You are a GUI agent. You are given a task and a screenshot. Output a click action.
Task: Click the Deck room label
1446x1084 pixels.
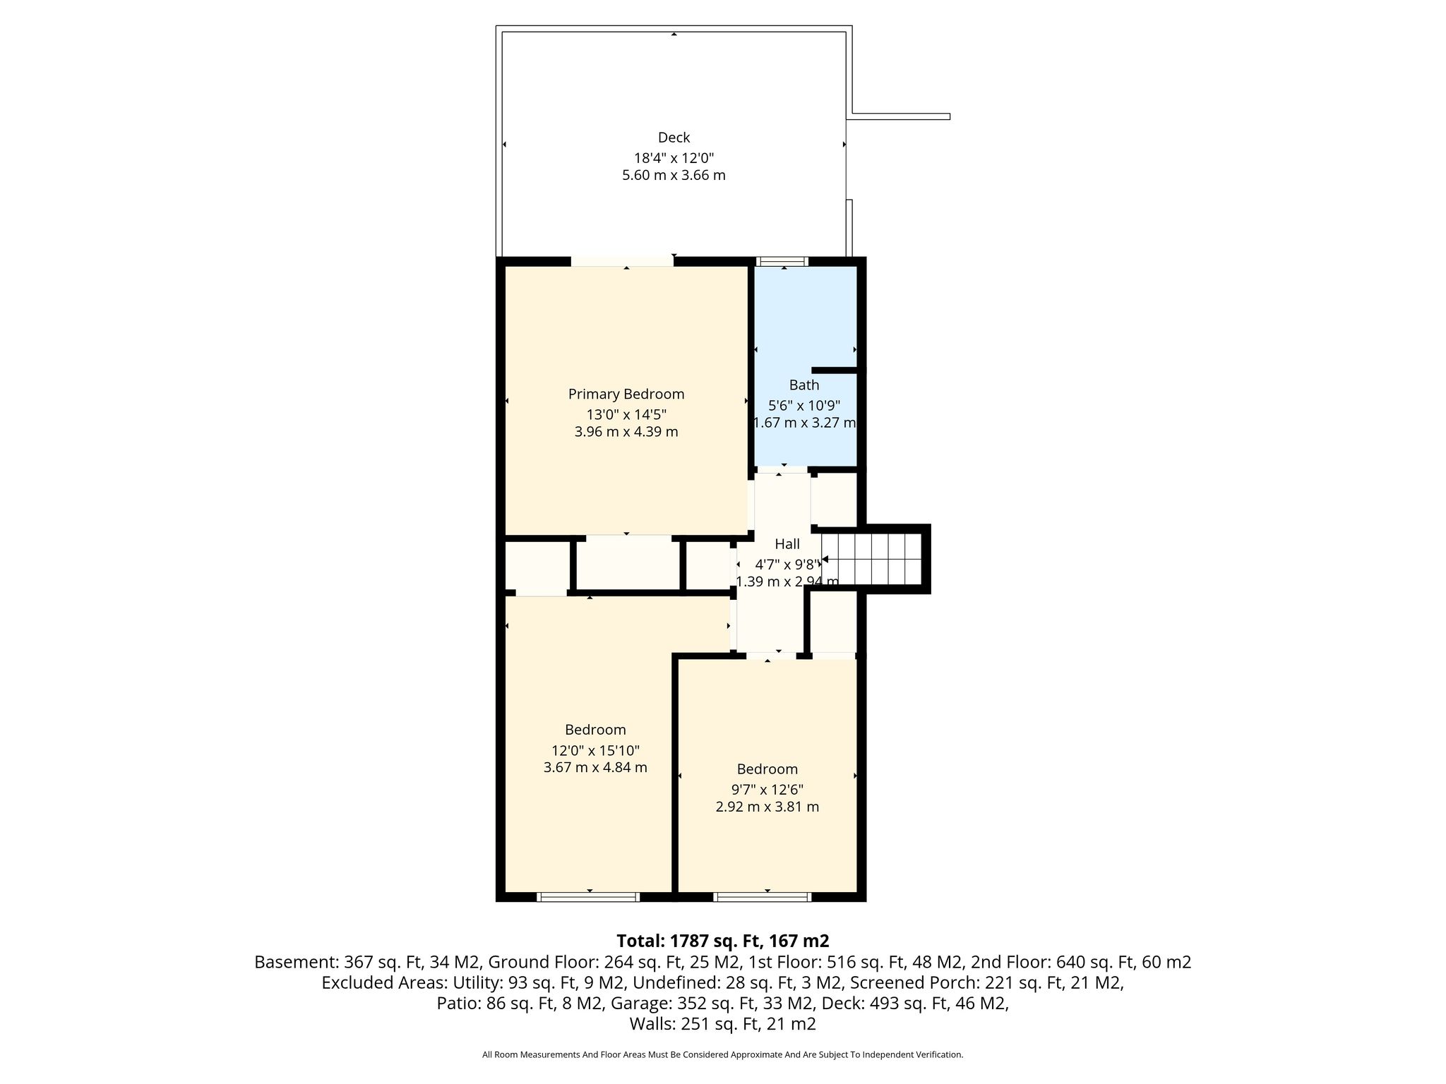674,138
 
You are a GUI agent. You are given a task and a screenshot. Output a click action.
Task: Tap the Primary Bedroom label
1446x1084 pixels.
626,395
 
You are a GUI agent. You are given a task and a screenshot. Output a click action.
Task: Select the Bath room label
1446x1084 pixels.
804,385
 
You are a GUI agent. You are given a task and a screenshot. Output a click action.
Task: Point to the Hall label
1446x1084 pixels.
787,544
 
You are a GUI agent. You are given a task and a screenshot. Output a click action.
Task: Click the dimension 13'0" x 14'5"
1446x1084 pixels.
626,414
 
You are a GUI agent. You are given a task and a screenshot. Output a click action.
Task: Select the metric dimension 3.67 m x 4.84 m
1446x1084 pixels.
595,767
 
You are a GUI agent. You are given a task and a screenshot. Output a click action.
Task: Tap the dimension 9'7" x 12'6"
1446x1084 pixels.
767,789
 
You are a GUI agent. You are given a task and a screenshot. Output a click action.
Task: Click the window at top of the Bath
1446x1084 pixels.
782,261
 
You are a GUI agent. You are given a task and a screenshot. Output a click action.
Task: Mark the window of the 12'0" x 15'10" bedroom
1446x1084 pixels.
588,897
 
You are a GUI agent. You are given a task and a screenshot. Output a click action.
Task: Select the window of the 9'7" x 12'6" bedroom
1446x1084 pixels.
762,897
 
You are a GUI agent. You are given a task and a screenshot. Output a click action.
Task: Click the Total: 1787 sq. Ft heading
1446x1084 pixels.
723,941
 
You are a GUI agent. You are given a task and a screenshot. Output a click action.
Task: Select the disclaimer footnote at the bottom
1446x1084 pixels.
723,1055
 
